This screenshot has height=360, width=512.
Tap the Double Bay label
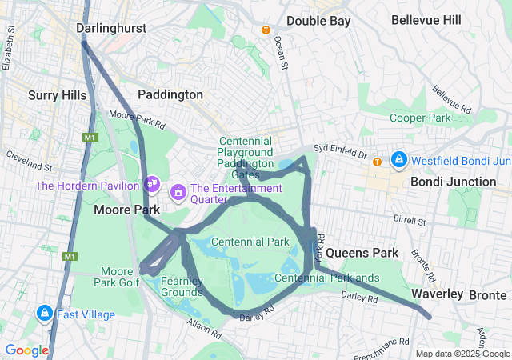coord(318,21)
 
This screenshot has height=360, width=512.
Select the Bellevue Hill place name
coord(426,18)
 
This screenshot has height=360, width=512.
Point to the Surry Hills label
coord(57,95)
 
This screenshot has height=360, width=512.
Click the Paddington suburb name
coord(170,94)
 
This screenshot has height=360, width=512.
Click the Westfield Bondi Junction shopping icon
coord(398,160)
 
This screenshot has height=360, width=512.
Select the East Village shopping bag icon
coord(45,314)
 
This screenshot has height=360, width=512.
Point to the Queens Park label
coord(362,253)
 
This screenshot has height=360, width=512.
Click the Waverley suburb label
coord(437,294)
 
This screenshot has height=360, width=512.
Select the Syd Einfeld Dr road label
coord(339,148)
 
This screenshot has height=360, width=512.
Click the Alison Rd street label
coord(203,324)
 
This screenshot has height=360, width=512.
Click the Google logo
coord(26,350)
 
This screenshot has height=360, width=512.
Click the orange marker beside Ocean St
coord(266,30)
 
